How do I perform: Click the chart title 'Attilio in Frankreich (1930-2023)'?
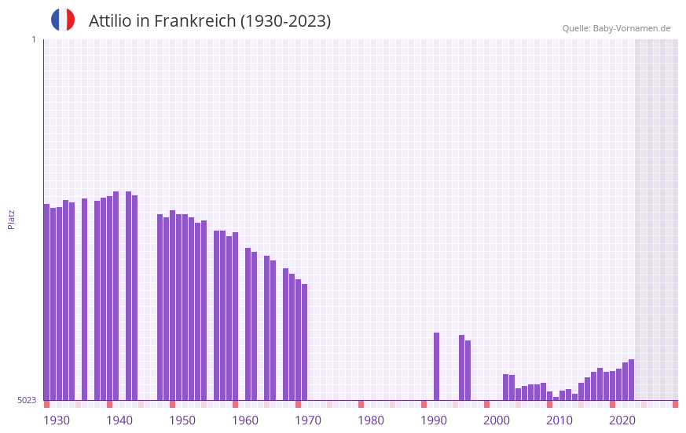(210, 21)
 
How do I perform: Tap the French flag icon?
(63, 20)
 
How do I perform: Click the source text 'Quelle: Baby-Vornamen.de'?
(616, 29)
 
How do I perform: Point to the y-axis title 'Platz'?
(11, 219)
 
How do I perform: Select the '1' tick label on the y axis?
(33, 39)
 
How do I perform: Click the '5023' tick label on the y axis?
(27, 400)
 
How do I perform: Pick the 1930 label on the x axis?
(57, 420)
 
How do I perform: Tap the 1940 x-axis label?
(119, 420)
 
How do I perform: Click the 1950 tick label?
(182, 420)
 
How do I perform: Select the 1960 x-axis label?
(245, 420)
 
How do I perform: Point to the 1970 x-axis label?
(308, 420)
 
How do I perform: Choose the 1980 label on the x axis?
(371, 420)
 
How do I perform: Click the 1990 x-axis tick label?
(434, 420)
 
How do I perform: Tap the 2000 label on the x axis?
(497, 420)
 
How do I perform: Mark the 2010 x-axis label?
(559, 420)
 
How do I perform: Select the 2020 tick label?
(622, 420)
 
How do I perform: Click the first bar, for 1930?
(47, 302)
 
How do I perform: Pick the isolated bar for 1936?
(85, 299)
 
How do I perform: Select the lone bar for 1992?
(437, 366)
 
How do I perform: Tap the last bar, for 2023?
(632, 380)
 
